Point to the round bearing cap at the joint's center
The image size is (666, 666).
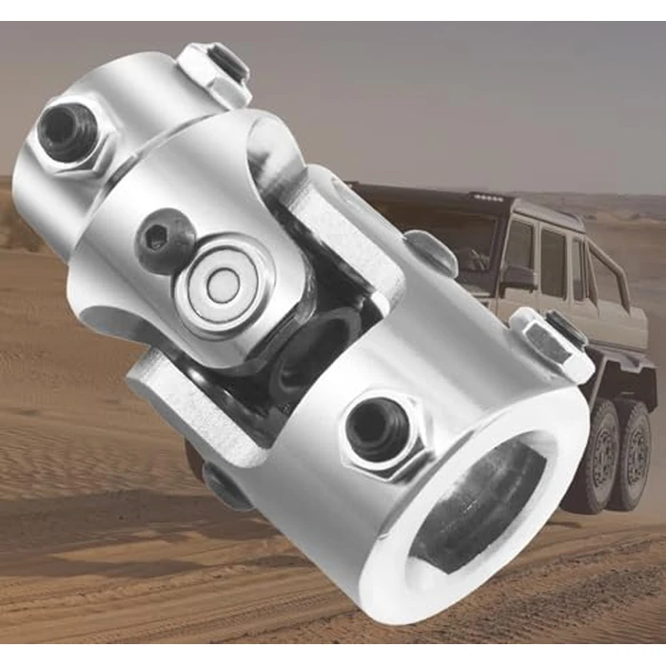tap(225, 284)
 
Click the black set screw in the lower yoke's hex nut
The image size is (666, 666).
tap(377, 428)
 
